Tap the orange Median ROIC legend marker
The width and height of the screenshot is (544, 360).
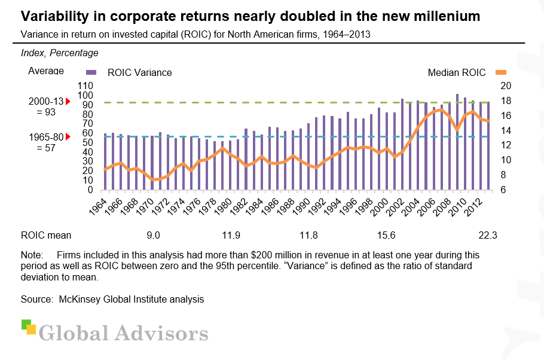tap(497, 72)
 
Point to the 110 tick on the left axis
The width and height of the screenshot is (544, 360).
tap(87, 86)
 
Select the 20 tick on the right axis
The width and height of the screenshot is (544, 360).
tap(505, 86)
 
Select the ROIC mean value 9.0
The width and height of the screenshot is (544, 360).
tap(154, 234)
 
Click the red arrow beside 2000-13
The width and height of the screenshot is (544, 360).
tap(68, 102)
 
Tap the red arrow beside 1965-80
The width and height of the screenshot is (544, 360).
tap(68, 137)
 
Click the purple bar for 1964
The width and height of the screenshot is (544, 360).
tap(105, 161)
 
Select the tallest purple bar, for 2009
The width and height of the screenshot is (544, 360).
tap(457, 142)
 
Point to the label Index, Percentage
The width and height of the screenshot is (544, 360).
tap(60, 53)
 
